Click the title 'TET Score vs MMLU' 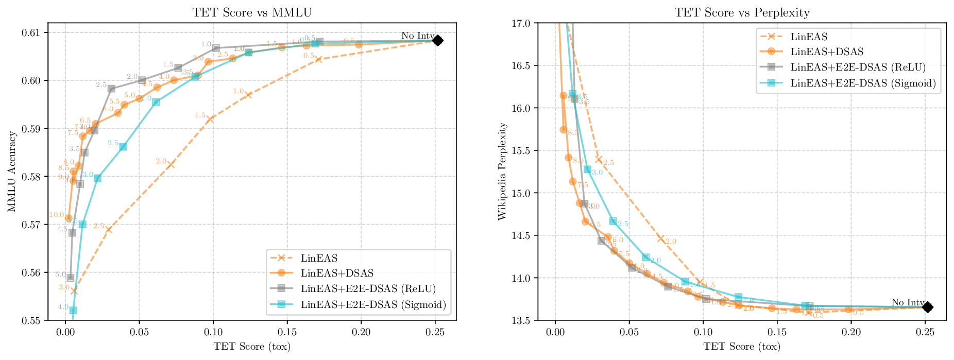click(x=252, y=12)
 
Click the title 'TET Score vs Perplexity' click(x=742, y=12)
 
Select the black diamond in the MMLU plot click(x=437, y=40)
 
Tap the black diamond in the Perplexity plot click(x=927, y=307)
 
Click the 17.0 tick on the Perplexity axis click(x=523, y=23)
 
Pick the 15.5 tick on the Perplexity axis click(x=523, y=151)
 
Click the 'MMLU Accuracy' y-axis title click(x=12, y=172)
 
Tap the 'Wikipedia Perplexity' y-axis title click(x=502, y=172)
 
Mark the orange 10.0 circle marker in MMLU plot click(x=69, y=218)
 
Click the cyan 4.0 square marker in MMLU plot click(x=73, y=310)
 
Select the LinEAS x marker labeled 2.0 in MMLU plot click(x=171, y=164)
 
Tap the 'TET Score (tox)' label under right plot click(x=742, y=347)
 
